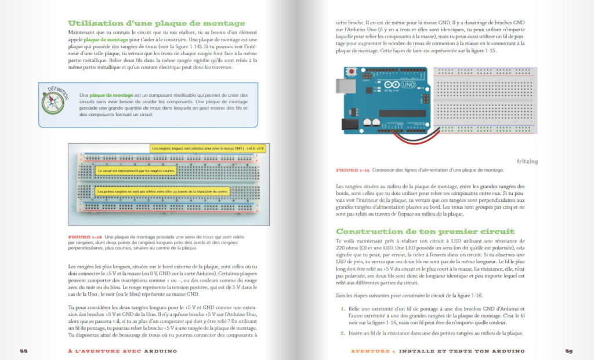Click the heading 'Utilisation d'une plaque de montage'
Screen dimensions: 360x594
(x=148, y=23)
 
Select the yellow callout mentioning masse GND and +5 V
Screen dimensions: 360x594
(x=207, y=149)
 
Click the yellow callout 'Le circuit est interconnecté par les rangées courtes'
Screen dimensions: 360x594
(x=137, y=172)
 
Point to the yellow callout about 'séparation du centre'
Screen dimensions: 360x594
(x=162, y=191)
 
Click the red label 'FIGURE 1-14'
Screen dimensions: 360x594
(x=85, y=237)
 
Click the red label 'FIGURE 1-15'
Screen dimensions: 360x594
(x=353, y=170)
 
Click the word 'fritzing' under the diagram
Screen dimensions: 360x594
(x=527, y=162)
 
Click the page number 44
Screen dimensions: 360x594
(x=24, y=351)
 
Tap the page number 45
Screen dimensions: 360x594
(x=569, y=351)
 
